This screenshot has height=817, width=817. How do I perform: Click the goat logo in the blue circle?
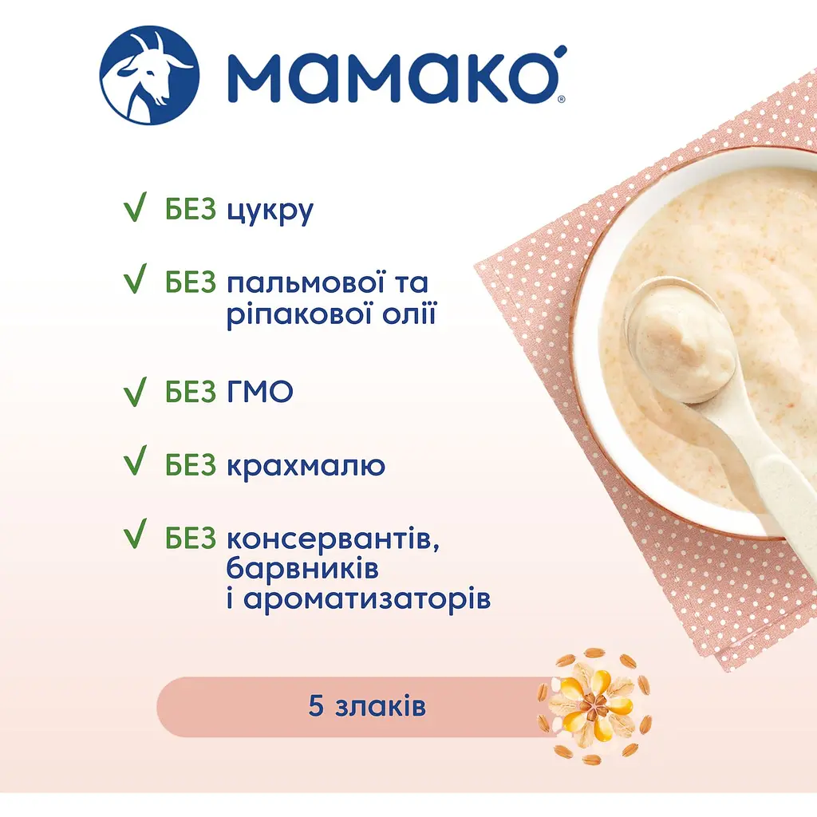(149, 77)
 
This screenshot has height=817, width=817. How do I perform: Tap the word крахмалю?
(306, 465)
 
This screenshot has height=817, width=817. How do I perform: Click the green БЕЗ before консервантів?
(191, 539)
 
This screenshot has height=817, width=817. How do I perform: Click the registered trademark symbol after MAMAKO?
(561, 100)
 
